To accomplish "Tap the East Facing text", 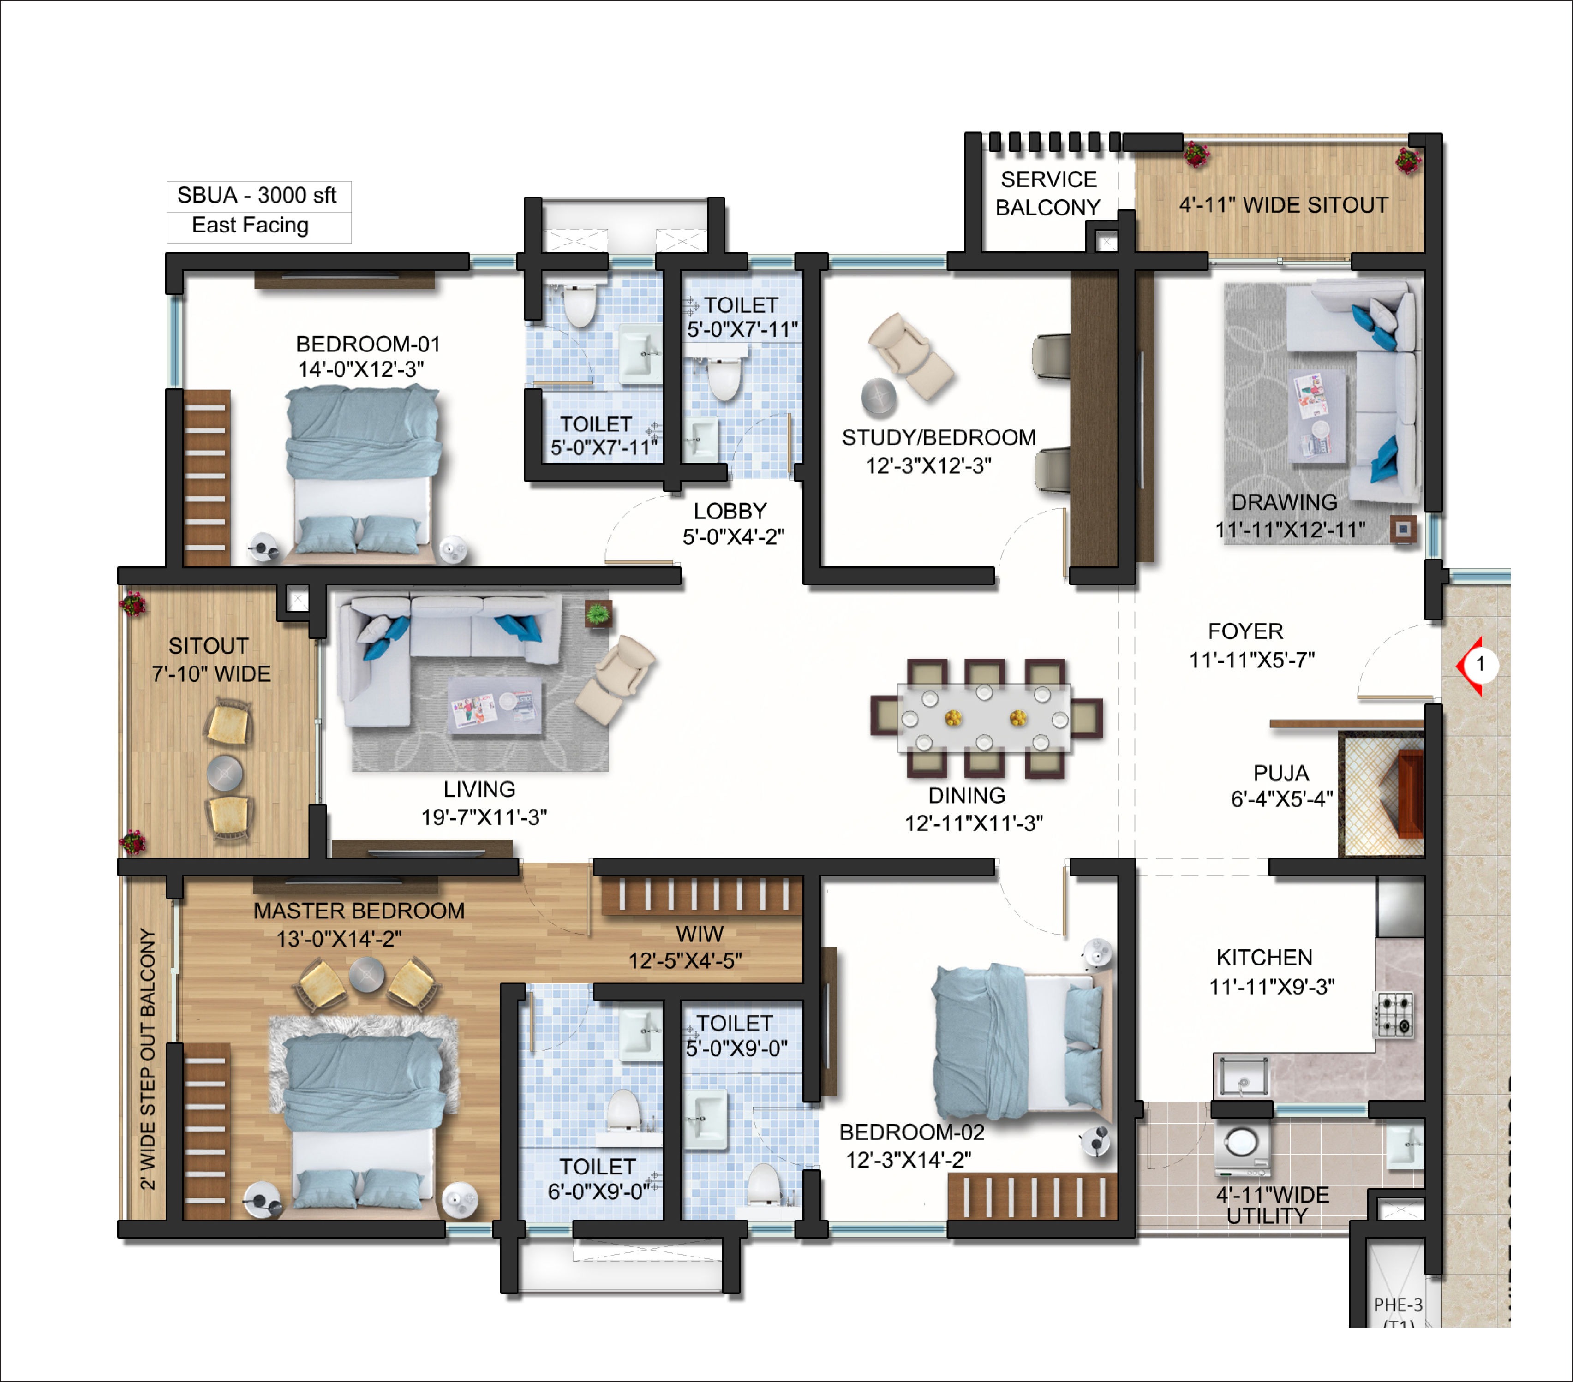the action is (250, 226).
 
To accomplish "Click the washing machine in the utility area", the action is (1241, 1150).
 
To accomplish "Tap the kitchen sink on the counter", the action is (1242, 1075).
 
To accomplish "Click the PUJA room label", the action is (1281, 773).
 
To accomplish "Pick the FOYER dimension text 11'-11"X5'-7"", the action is (1252, 660).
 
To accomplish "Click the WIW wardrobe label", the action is (700, 934).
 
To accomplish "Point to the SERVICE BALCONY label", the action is (1048, 193).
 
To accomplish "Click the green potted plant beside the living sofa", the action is (598, 614).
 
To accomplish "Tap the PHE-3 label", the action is (1398, 1305).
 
